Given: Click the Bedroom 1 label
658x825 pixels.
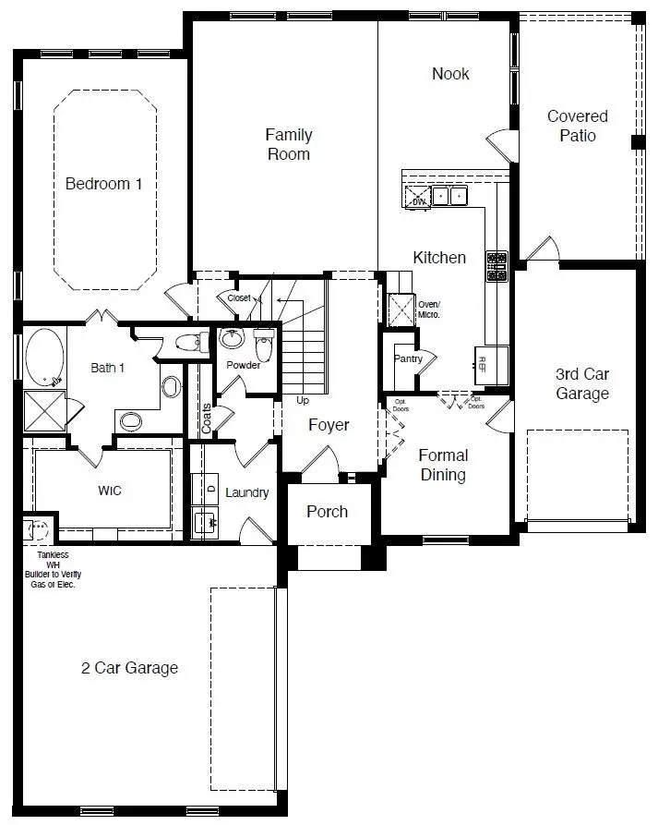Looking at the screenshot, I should click(103, 184).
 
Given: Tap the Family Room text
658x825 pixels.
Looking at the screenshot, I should click(289, 145).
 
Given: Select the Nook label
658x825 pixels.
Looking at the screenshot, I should click(450, 74).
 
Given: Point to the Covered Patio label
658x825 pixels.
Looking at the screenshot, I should click(578, 126).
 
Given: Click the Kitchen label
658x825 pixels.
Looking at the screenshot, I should click(439, 258).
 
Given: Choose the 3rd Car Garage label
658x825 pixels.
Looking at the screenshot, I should click(581, 384).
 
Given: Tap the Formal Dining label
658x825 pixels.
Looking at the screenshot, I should click(443, 465).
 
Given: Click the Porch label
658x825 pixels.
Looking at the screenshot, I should click(328, 512).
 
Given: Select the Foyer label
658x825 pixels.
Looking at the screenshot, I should click(329, 425).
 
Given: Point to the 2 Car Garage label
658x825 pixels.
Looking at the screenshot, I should click(129, 668).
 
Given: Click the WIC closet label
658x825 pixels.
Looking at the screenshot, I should click(109, 491).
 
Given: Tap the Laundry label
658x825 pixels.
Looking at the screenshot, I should click(246, 492).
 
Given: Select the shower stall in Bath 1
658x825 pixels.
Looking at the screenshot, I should click(44, 410).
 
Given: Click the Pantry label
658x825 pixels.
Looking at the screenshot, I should click(408, 358).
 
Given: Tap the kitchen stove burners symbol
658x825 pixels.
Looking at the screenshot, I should click(496, 267).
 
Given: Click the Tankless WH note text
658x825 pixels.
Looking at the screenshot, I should click(51, 571).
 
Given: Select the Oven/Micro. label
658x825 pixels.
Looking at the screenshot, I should click(430, 309).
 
